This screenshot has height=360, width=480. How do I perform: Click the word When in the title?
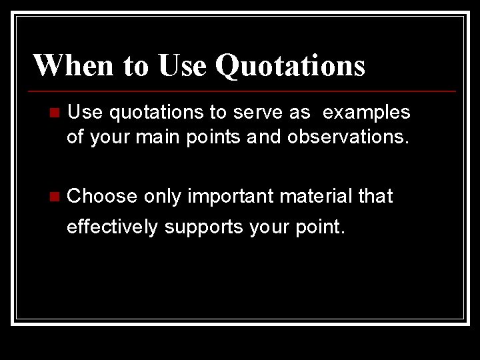click(73, 65)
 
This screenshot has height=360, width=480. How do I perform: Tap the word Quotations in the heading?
click(290, 65)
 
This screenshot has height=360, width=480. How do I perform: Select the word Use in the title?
click(182, 65)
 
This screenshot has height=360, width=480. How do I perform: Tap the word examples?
click(366, 113)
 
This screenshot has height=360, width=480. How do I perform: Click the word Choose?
click(102, 197)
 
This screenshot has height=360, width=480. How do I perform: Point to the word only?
click(162, 197)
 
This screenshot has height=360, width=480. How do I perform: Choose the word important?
click(231, 197)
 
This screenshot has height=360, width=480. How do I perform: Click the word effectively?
click(113, 227)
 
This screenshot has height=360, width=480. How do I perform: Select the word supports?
click(204, 227)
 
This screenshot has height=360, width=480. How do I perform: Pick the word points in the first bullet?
click(199, 137)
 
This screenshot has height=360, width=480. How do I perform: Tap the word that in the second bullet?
click(376, 197)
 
